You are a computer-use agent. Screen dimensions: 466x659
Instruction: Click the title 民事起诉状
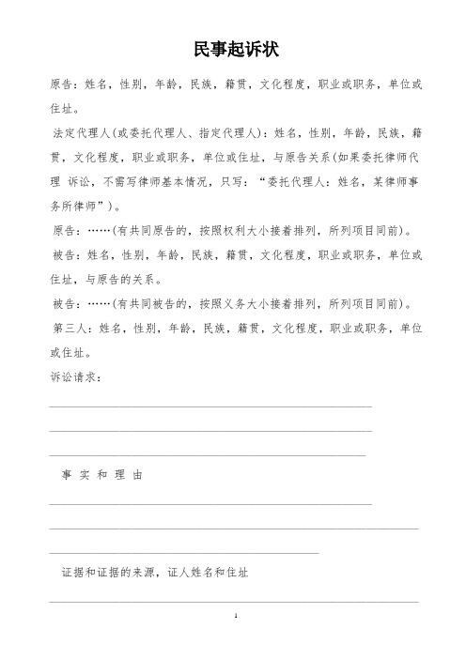pyautogui.click(x=232, y=48)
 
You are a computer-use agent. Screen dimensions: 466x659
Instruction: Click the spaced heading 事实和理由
pyautogui.click(x=100, y=476)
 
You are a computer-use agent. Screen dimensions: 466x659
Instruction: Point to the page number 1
pyautogui.click(x=233, y=618)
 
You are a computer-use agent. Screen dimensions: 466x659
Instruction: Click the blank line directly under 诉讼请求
pyautogui.click(x=210, y=406)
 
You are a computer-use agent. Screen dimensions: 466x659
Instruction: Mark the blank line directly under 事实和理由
pyautogui.click(x=210, y=504)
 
